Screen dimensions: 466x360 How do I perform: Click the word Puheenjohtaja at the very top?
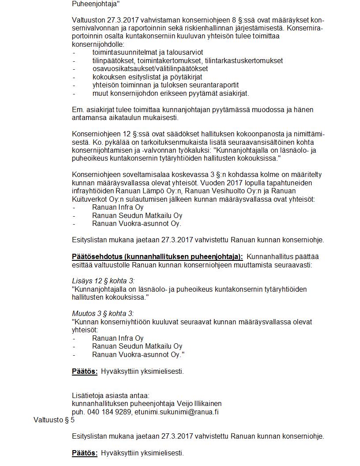[95, 4]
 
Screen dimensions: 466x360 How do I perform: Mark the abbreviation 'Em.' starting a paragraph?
[78, 109]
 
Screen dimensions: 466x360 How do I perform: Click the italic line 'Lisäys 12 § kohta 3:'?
[103, 281]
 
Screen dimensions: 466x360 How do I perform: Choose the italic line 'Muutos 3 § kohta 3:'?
[103, 314]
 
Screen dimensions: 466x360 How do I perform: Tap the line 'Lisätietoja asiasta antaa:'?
[111, 395]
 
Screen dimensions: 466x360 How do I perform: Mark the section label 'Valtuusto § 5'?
[54, 420]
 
